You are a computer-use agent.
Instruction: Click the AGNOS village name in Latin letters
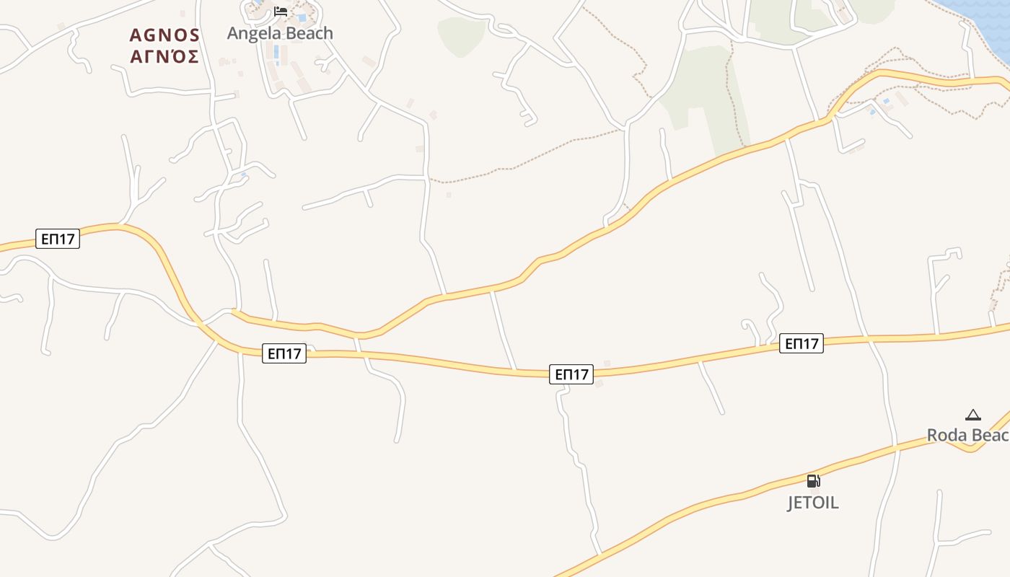click(x=164, y=35)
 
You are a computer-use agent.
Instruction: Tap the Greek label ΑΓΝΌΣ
click(x=164, y=56)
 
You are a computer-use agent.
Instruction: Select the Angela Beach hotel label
click(x=280, y=33)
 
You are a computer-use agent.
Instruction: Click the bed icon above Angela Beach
click(x=281, y=12)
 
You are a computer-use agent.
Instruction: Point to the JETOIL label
click(x=813, y=503)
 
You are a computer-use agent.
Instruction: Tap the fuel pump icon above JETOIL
click(x=813, y=481)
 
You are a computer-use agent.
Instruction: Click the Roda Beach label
click(x=967, y=435)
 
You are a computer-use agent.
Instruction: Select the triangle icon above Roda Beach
click(x=973, y=415)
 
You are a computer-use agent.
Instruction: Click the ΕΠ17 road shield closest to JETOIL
click(x=801, y=343)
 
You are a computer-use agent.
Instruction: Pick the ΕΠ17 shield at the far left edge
click(x=58, y=239)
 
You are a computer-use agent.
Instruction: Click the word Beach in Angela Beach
click(x=307, y=33)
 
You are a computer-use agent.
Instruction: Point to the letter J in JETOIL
click(x=791, y=503)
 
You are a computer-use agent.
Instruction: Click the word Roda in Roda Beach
click(x=944, y=435)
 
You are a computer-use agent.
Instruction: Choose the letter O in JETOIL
click(x=821, y=503)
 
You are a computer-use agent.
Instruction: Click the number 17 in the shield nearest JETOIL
click(x=810, y=343)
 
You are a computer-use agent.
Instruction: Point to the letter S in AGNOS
click(x=193, y=35)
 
